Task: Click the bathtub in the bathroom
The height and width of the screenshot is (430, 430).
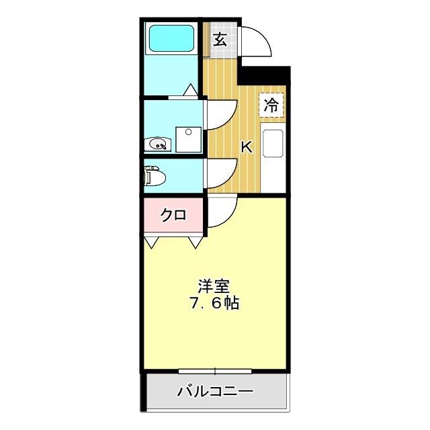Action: pos(171,38)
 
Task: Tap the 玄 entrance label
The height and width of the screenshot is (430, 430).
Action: pos(220,38)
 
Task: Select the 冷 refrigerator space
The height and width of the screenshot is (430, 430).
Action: pos(271,104)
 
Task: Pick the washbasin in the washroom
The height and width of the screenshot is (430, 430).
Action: pos(158,143)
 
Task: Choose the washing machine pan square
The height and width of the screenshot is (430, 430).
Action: pos(187,139)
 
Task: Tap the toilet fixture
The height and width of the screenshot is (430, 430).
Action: pos(154,176)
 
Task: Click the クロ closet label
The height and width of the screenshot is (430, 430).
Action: pos(173,215)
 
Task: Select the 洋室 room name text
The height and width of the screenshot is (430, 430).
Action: pos(214,285)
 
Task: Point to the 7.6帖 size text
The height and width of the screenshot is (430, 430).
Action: pos(214,302)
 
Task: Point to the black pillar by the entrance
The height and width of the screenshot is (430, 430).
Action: pos(265,75)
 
